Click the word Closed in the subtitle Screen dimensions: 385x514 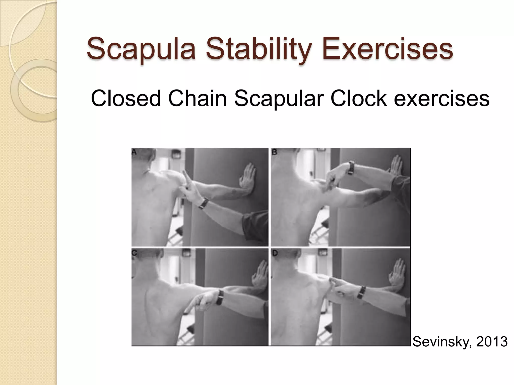(126, 99)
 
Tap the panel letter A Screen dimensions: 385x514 (134, 152)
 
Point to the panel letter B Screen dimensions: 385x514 (274, 152)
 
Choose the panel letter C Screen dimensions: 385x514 (134, 253)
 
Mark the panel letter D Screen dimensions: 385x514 (275, 253)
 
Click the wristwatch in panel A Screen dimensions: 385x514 (204, 203)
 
